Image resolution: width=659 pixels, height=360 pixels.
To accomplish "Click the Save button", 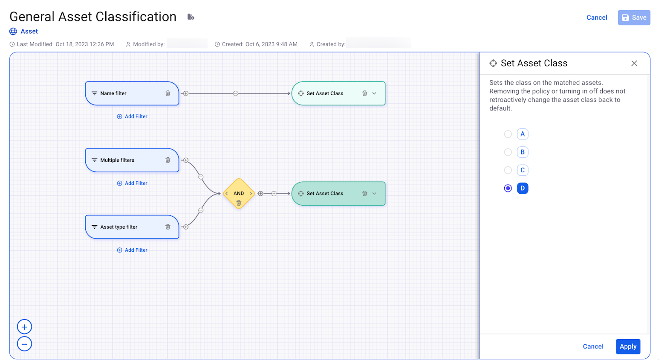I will (x=634, y=17).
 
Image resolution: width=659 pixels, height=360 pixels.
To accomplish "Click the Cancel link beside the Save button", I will (x=596, y=17).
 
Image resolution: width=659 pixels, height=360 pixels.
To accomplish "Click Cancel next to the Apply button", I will (x=593, y=346).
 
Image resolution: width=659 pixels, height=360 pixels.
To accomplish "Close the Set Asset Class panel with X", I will (x=634, y=63).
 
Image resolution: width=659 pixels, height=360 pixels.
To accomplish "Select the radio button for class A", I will (x=508, y=134).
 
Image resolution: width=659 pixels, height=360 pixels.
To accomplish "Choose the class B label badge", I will (x=522, y=152).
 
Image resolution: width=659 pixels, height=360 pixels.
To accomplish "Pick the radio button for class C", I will (x=508, y=170).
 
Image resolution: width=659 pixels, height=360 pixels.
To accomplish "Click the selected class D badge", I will (x=522, y=188).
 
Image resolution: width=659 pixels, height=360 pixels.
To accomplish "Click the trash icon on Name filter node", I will (x=168, y=93).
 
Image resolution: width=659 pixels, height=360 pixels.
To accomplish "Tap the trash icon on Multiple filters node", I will (x=168, y=160).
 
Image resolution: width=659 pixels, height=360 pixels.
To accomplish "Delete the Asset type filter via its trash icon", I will (x=168, y=227).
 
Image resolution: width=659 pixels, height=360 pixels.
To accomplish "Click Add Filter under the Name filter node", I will (x=132, y=116).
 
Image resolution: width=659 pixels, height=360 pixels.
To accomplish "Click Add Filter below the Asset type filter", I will (x=132, y=250).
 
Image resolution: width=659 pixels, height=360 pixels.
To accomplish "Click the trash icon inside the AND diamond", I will (x=239, y=203).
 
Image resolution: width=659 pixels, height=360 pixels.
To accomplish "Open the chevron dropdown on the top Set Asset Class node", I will (x=374, y=93).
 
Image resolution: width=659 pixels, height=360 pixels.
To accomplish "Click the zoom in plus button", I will (x=24, y=327).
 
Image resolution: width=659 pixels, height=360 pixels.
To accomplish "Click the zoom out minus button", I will (x=24, y=344).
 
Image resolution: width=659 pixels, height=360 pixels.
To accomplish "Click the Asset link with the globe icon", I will (x=29, y=31).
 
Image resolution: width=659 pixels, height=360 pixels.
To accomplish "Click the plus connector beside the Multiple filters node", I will (x=186, y=160).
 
